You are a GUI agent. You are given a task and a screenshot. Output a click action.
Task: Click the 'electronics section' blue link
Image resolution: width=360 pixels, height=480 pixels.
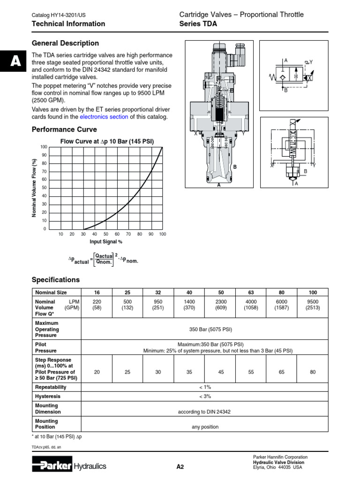pos(104,117)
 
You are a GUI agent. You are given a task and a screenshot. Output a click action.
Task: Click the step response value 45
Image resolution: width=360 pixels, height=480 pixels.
pos(221,372)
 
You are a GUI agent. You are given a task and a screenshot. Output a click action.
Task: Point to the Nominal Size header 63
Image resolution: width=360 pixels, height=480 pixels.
pos(251,292)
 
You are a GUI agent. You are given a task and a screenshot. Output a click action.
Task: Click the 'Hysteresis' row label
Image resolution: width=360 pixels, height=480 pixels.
pos(48,396)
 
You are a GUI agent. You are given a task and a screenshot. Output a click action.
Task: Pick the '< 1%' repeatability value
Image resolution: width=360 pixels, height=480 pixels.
pos(205,387)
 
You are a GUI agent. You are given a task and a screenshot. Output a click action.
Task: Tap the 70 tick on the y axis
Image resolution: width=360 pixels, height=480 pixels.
pos(45,172)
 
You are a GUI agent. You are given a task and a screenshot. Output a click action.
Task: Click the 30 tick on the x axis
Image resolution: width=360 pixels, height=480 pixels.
pos(83,234)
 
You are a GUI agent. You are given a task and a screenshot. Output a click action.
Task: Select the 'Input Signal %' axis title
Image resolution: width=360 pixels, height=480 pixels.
pos(106,241)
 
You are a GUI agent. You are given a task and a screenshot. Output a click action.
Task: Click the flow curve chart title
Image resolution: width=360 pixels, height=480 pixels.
pos(107,142)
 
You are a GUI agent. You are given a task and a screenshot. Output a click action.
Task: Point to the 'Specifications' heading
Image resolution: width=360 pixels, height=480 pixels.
pos(56,280)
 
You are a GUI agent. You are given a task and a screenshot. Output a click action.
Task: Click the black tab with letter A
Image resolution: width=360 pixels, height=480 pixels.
pos(13,61)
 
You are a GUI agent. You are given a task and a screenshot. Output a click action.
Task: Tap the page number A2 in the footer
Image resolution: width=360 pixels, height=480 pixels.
pos(180,466)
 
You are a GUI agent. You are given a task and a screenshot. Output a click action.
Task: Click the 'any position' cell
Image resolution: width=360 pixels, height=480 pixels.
pos(205,427)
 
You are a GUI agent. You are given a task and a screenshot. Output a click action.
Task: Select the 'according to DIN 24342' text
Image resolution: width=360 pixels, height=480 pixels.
pos(204,412)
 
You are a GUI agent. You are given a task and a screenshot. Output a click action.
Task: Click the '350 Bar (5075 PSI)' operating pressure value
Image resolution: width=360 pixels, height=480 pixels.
pos(210,330)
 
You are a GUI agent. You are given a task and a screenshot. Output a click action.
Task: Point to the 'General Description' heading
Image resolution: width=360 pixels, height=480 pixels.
pos(65,43)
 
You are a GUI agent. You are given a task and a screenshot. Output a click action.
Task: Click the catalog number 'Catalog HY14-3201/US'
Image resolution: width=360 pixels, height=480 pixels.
pos(59,15)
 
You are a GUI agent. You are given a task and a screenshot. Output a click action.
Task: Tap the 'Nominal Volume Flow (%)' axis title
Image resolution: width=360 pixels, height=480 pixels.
pos(34,187)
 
